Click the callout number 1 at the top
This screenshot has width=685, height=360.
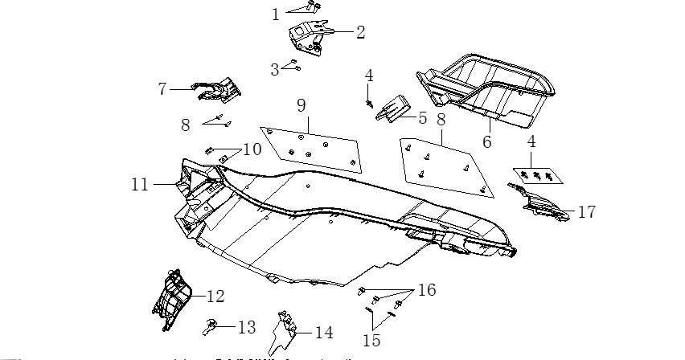[x=275, y=14]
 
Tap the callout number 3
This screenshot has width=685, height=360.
[x=274, y=70]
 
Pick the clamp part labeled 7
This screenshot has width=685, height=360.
[x=214, y=91]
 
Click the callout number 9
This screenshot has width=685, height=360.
[x=301, y=104]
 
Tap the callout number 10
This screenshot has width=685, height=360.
[x=252, y=149]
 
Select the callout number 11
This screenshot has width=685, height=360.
[x=140, y=184]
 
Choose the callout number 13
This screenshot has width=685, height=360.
[x=246, y=328]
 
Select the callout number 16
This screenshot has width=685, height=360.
[x=426, y=289]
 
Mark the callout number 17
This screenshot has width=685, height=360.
[x=587, y=213]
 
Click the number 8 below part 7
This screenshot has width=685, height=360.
[x=185, y=125]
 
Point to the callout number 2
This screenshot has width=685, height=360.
[x=359, y=32]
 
